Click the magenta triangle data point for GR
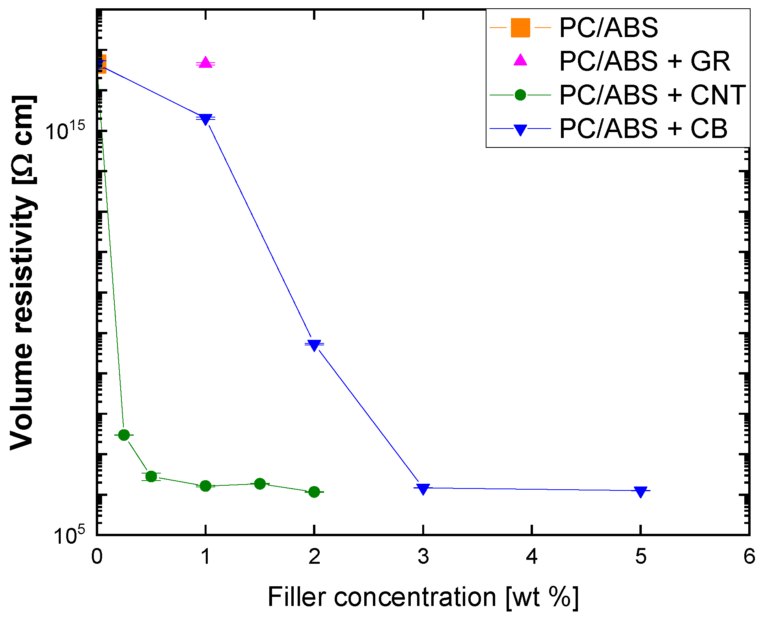point(205,62)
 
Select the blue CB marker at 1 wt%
point(205,119)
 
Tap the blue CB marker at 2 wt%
point(314,345)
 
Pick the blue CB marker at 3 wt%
point(423,489)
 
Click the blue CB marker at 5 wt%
point(641,491)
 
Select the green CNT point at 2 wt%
point(314,492)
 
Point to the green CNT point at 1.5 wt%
point(260,484)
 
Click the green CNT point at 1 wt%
point(205,486)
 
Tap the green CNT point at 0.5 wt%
point(151,476)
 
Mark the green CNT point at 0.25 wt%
point(124,435)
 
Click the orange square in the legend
point(520,28)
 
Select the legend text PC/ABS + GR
point(645,62)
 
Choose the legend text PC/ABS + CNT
point(652,95)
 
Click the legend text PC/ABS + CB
point(643,129)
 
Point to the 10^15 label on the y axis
point(65,130)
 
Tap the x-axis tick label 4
point(532,557)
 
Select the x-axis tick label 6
point(749,557)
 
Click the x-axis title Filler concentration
point(423,596)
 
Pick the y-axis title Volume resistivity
point(23,272)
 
